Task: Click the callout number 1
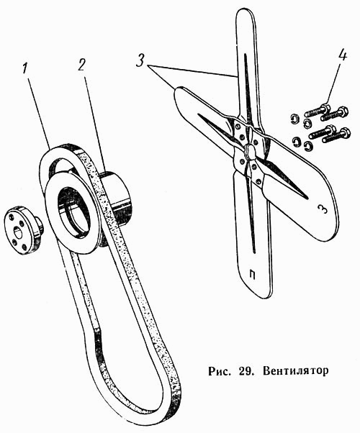(x=25, y=68)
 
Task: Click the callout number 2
(x=81, y=65)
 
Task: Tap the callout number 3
(x=140, y=60)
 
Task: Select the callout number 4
(x=342, y=56)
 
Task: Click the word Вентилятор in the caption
(x=296, y=370)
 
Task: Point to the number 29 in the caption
(x=244, y=370)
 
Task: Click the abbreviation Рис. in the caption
(x=220, y=371)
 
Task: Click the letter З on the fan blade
(x=323, y=209)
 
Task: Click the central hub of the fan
(x=250, y=151)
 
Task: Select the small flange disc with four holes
(x=22, y=230)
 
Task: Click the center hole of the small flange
(x=19, y=233)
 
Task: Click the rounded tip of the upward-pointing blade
(x=244, y=11)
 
